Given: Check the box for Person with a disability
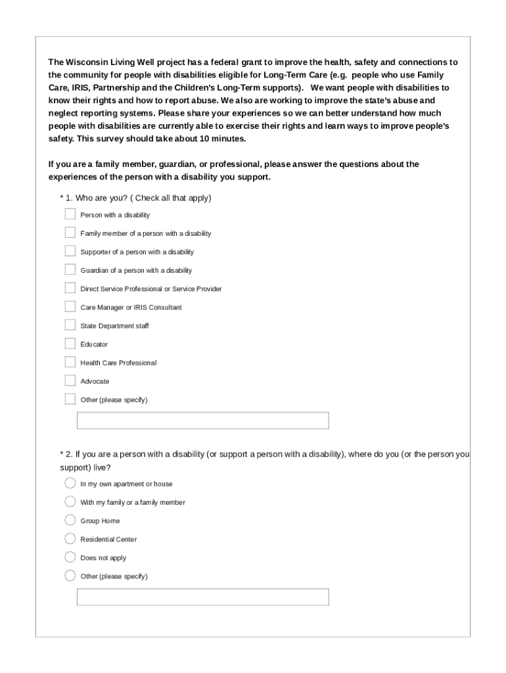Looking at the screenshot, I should point(70,214).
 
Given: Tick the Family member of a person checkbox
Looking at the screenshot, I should point(70,233).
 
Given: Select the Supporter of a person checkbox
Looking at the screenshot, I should point(70,251).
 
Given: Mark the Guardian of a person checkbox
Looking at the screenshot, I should point(70,269).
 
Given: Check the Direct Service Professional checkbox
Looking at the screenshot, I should point(70,288).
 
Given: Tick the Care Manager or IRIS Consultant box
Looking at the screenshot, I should point(70,306).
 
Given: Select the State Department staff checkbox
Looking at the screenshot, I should point(70,325).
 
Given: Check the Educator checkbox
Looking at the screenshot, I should point(70,344).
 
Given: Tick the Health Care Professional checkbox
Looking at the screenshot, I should point(70,362).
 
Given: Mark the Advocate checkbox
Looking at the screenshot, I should point(70,381).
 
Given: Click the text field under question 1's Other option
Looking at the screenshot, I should point(202,421).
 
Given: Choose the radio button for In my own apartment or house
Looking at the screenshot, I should point(70,483).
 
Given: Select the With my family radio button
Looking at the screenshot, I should point(70,501).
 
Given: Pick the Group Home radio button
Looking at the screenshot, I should point(70,521).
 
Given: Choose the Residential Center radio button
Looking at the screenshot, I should point(70,539).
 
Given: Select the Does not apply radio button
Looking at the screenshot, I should point(70,557).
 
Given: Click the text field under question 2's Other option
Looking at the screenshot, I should point(202,597).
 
